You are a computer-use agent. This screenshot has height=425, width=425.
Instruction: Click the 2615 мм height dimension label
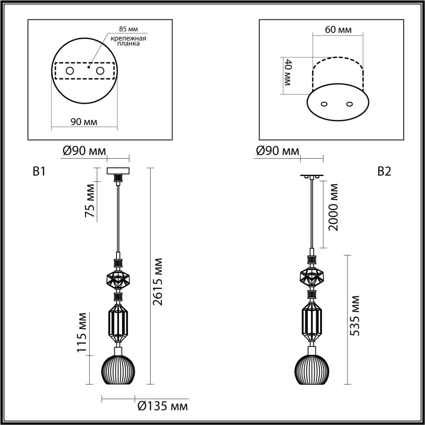coord(158,281)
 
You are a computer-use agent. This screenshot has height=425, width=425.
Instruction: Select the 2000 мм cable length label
coord(332,207)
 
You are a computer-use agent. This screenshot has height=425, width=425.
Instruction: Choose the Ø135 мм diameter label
coord(162,406)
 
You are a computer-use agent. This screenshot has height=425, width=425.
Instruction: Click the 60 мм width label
coord(338,30)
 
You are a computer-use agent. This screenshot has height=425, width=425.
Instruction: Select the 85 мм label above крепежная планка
coord(128,29)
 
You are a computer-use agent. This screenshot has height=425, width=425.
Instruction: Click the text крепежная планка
coord(128,41)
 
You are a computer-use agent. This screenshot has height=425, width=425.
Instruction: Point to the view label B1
coord(39,171)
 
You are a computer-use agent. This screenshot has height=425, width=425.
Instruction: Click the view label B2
coord(384,171)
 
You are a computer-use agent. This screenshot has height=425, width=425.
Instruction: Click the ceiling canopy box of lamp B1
coord(118,171)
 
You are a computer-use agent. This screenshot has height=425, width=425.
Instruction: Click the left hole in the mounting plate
coord(70,71)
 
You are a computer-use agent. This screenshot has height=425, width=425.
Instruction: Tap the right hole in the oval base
coord(349,104)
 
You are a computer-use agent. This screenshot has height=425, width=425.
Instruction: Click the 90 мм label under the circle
coord(84,122)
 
